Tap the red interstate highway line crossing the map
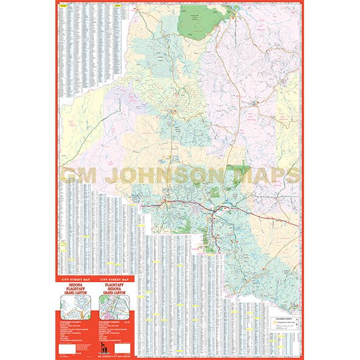[182, 204]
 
